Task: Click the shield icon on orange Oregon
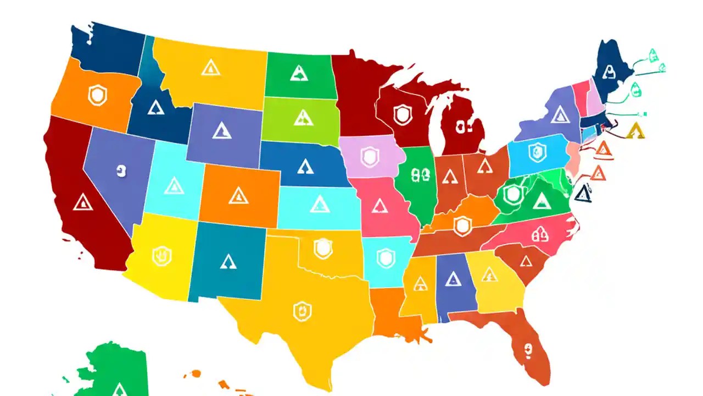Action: click(97, 96)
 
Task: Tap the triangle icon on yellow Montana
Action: click(210, 68)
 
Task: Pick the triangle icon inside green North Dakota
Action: click(298, 73)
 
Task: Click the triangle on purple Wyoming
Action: click(222, 130)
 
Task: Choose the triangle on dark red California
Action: click(83, 202)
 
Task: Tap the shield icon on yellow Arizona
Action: click(162, 256)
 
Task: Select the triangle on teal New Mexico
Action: click(228, 261)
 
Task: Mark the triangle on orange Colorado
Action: click(238, 195)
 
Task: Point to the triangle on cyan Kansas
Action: click(319, 204)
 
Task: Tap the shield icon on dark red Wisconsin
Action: click(403, 114)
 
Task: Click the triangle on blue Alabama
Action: click(453, 278)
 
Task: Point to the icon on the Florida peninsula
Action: click(528, 348)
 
